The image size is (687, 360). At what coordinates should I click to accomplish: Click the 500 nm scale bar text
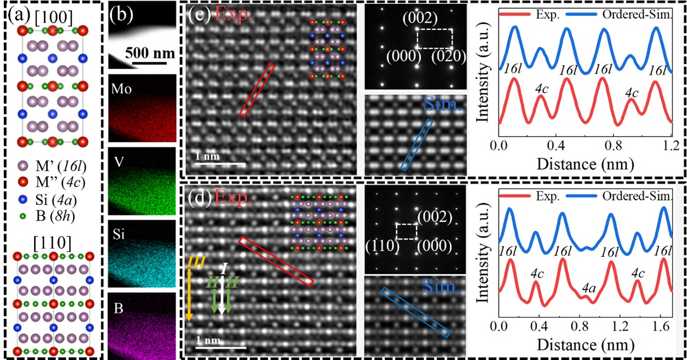point(151,54)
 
